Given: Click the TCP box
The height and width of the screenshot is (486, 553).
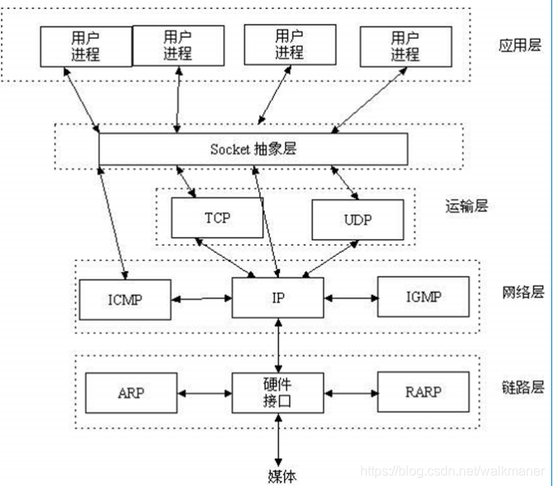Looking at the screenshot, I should click(x=217, y=218).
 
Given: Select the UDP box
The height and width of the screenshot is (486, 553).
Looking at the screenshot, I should click(x=358, y=221).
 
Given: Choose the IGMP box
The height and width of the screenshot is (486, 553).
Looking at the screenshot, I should click(x=422, y=297).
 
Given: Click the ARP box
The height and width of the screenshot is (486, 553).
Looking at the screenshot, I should click(x=131, y=393).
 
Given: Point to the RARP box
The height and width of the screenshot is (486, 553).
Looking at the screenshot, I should click(x=422, y=393).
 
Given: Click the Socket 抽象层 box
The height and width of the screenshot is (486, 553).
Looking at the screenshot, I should click(x=253, y=149).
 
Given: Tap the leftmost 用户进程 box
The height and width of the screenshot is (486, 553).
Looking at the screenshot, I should click(x=85, y=45).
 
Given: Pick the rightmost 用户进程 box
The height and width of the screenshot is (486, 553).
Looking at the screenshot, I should click(x=405, y=45).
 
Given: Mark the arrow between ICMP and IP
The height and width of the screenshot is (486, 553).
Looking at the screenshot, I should click(x=200, y=298).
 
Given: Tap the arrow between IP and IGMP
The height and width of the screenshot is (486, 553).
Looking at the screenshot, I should click(x=349, y=297).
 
